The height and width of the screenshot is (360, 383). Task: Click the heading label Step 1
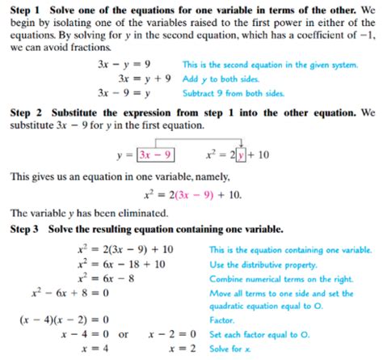pos(25,8)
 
